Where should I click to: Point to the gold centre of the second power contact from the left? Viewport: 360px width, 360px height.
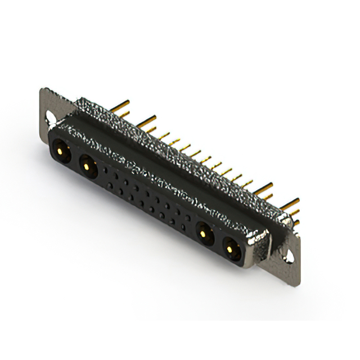(x=86, y=165)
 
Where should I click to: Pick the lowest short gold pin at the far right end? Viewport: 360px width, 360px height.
(x=295, y=222)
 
